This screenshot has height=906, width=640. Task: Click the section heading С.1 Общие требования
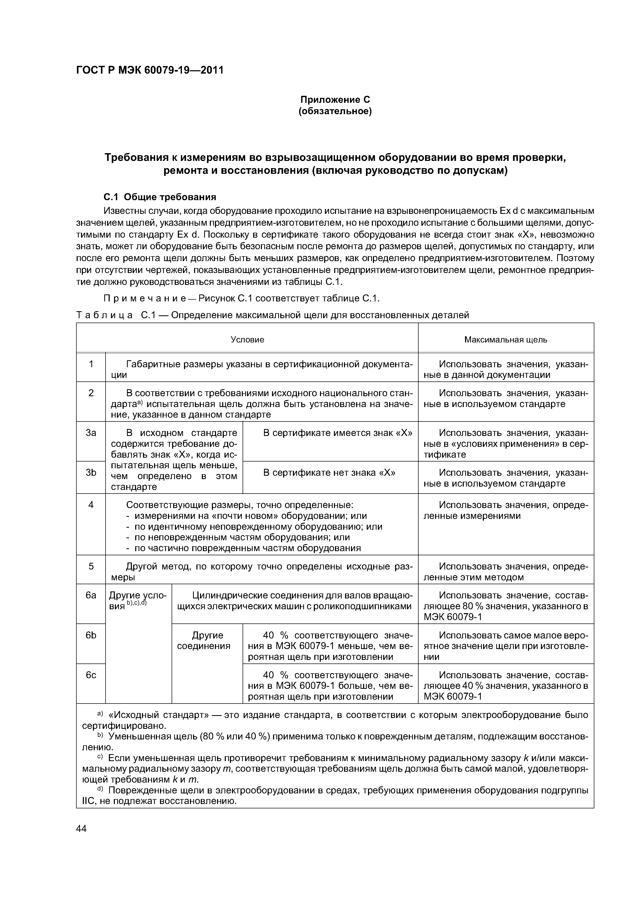pos(160,197)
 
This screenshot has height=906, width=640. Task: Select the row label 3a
pos(91,433)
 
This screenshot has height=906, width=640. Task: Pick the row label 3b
pos(91,473)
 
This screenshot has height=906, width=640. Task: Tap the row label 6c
pos(91,675)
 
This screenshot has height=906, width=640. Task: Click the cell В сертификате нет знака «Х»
pos(329,473)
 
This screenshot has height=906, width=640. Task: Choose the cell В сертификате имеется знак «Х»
pos(338,433)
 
